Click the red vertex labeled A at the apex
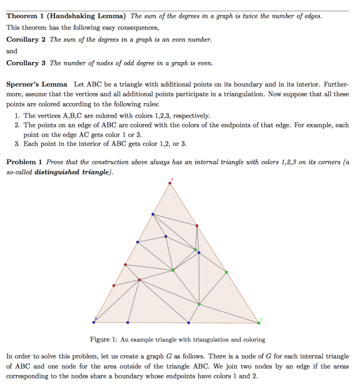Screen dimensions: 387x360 170,183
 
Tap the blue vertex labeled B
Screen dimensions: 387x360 94,322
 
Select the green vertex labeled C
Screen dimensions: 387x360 259,322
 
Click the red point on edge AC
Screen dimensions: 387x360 197,225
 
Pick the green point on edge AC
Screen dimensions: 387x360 226,272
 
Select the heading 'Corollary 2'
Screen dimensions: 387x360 26,40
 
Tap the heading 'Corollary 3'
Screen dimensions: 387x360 26,63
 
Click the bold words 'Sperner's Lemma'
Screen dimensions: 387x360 37,84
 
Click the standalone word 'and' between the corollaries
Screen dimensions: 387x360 12,51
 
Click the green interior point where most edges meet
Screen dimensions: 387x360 173,270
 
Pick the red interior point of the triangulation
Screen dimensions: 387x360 139,280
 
